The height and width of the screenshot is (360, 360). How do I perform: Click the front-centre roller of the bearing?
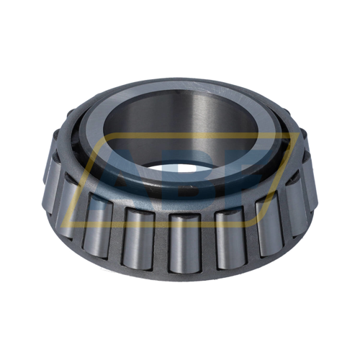[x=184, y=241]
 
